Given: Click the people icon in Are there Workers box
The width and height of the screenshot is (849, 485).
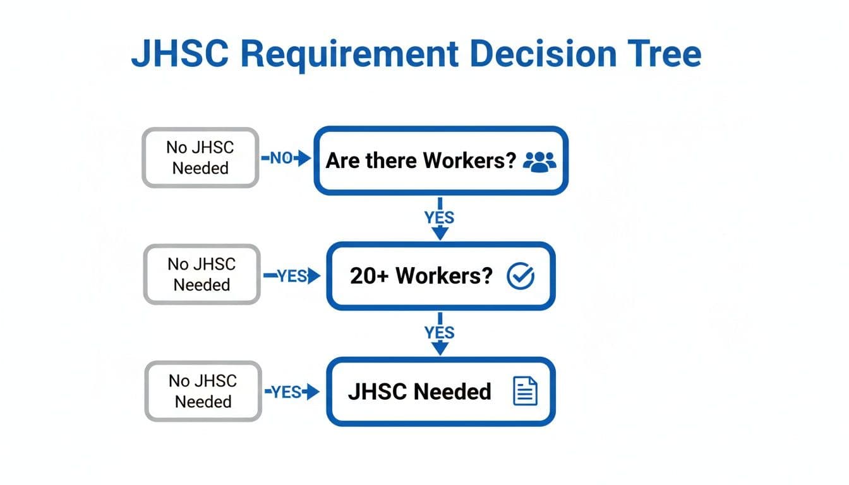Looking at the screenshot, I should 540,161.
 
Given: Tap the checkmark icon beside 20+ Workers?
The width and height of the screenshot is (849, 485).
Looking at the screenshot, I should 521,276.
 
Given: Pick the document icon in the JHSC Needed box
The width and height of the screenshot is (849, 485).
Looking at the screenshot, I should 524,392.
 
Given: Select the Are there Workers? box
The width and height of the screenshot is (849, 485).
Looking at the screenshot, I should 441,160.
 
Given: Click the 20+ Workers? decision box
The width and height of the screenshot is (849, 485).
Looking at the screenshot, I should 440,276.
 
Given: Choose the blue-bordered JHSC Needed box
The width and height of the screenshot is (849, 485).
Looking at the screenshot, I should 440,392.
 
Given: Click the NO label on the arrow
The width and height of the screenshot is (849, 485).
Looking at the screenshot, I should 280,159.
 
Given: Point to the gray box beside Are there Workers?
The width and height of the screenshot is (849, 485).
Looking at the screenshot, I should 200,158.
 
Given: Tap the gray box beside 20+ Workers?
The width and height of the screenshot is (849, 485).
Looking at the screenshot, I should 202,275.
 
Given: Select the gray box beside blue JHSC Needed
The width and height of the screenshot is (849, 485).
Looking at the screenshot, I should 203,391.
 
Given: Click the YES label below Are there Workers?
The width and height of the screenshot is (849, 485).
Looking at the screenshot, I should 439,218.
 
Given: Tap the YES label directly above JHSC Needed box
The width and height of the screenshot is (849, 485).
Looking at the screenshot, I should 439,332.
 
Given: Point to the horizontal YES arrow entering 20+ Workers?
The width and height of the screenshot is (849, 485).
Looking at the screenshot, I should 291,276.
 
